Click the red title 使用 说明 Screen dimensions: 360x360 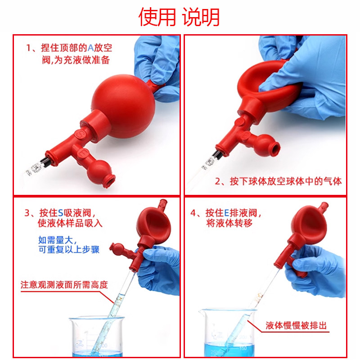coord(179,17)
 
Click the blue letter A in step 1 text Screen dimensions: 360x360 coord(91,48)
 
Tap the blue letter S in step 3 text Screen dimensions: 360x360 coord(60,213)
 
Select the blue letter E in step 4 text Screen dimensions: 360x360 coord(226,213)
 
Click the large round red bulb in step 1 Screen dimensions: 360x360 coord(123,106)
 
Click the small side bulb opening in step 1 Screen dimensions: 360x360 coord(110,181)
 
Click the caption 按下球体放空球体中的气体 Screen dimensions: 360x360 coord(278,181)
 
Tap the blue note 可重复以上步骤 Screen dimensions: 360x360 coord(69,249)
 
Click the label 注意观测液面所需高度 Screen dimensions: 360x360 coord(64,285)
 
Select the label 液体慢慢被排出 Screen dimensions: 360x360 coord(296,325)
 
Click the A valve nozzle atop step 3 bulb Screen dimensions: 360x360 coord(162,203)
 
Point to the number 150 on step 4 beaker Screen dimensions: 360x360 coord(243,348)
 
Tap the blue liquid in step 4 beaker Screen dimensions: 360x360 coord(229,350)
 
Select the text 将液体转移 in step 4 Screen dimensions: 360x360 coord(229,223)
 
